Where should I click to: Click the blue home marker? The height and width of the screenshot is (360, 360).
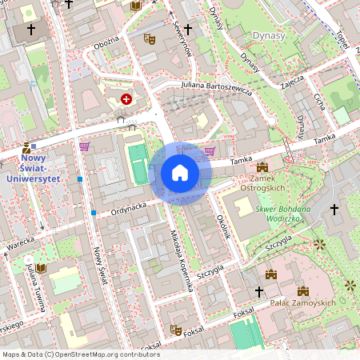tap(179, 173)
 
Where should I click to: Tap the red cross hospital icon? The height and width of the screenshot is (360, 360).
tap(126, 98)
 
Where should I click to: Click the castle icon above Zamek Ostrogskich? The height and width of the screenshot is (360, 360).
tap(262, 167)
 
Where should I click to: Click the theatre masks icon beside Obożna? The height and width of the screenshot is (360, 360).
tap(149, 38)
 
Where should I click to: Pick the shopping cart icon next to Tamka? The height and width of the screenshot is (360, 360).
tap(210, 150)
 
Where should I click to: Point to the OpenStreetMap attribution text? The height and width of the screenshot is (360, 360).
tap(81, 354)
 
